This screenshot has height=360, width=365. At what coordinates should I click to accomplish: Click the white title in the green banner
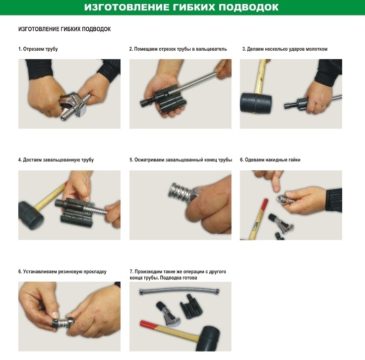point(181,7)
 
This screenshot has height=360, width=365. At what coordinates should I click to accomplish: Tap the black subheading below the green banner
point(64,29)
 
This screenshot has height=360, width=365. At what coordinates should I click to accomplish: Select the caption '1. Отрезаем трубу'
point(38,49)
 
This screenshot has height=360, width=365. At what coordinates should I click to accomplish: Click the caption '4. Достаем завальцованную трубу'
point(56,160)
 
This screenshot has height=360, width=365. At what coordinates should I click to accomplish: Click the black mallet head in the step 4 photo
point(30,213)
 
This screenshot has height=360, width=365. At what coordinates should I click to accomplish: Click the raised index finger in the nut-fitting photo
point(276,182)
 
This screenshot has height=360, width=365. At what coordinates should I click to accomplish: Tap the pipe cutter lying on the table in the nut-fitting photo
point(281,223)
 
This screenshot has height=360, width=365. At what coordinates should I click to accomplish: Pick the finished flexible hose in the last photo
point(179,290)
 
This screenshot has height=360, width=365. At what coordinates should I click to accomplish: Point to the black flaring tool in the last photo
point(191,306)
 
